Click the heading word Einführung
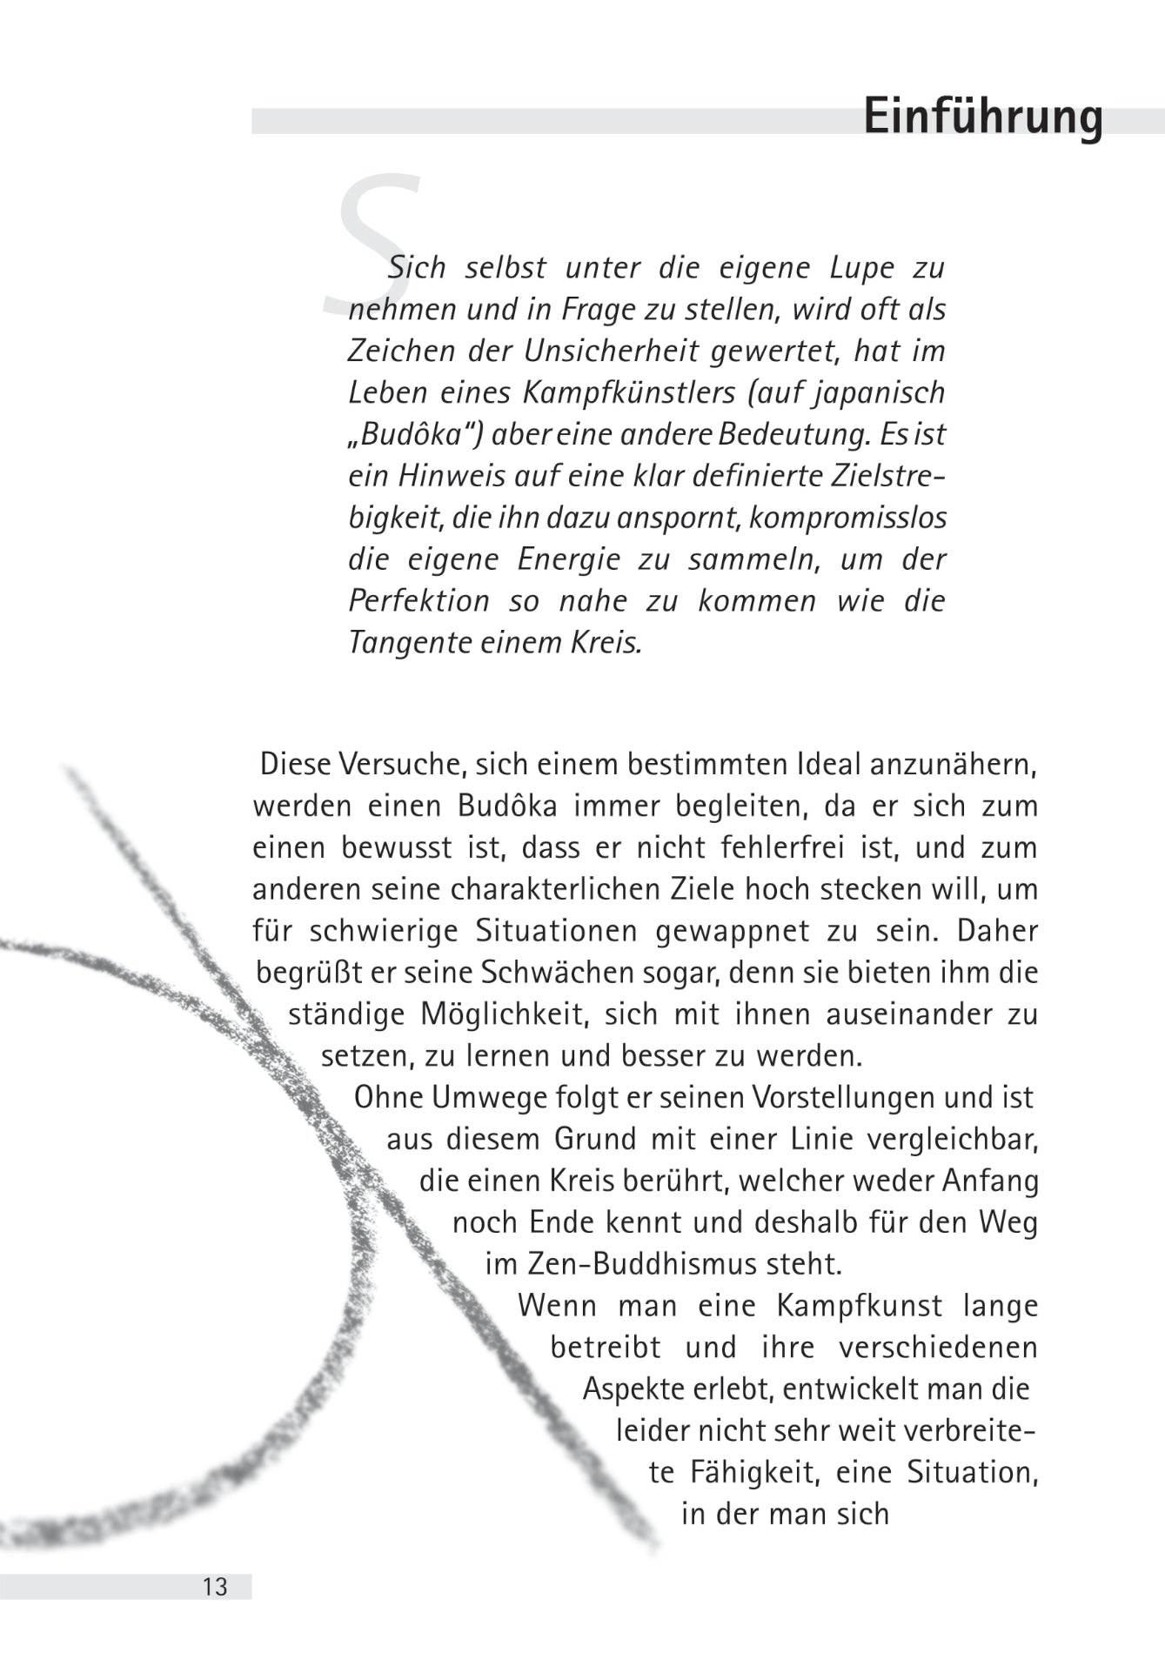[x=982, y=117]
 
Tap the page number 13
[x=215, y=1587]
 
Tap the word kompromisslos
[x=847, y=519]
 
